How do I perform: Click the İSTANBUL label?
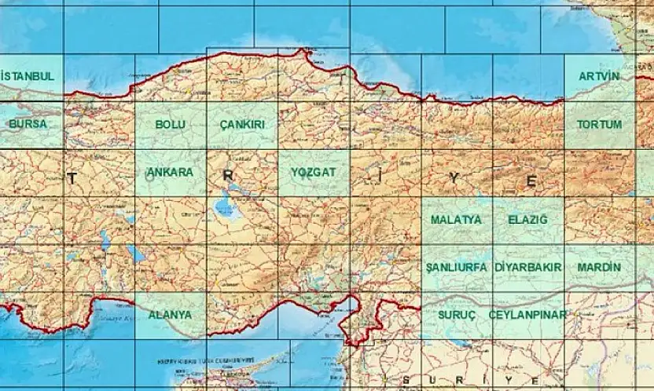[x=28, y=76]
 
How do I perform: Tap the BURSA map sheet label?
[x=28, y=124]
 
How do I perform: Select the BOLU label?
[x=170, y=124]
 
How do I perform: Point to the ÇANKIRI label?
[x=242, y=124]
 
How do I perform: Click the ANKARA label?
[x=170, y=172]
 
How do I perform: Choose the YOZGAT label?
[x=313, y=172]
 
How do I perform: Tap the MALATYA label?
[x=456, y=220]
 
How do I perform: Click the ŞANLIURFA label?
[x=456, y=267]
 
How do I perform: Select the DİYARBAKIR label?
[x=528, y=267]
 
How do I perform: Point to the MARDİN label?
[x=599, y=267]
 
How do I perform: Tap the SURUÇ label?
[x=456, y=314]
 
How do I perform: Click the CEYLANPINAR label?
[x=527, y=314]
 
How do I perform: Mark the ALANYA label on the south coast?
[x=170, y=314]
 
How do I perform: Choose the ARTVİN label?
[x=599, y=76]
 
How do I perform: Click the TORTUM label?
[x=599, y=124]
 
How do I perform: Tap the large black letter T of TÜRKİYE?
[x=72, y=179]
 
